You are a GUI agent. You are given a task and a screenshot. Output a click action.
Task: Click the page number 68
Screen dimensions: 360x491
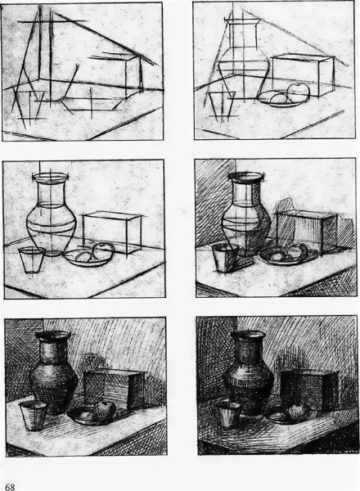10,487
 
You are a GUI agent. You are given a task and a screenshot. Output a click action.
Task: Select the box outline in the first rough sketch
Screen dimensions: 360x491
125,75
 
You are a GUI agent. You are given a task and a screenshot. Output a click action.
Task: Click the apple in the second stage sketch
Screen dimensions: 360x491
299,91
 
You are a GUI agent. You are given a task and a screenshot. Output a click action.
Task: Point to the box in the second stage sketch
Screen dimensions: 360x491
303,75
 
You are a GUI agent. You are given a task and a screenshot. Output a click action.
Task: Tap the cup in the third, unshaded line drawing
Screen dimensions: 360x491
32,259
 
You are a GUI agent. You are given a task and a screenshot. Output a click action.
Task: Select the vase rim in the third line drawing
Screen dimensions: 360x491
50,178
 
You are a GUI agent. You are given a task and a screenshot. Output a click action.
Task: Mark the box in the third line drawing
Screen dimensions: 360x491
112,232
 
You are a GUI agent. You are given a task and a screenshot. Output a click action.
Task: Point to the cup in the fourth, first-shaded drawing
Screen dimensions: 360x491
224,258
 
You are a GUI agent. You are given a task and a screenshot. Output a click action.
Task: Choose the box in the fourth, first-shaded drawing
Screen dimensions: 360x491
306,231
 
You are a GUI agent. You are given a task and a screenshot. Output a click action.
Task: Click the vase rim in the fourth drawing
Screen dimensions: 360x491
245,176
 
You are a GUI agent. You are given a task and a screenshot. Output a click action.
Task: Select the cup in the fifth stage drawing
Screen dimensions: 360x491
34,416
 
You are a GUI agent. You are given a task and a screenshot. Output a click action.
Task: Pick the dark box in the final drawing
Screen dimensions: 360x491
310,390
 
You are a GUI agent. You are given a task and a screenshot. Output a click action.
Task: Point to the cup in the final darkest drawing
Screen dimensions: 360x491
228,415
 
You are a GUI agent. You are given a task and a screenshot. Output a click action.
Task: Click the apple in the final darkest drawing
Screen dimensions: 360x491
299,411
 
